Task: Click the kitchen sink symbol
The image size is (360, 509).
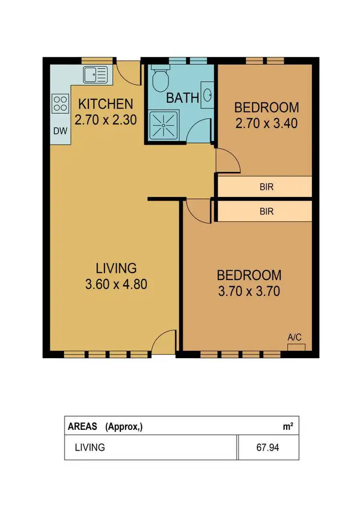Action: [x=96, y=74]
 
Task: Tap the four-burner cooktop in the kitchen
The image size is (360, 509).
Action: [x=60, y=103]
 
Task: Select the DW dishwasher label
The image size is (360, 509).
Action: [x=60, y=131]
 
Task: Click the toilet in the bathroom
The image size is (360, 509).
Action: [x=159, y=78]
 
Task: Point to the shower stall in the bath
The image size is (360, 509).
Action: [x=163, y=126]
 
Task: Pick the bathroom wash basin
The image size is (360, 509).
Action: [x=208, y=95]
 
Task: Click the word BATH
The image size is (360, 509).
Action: [x=182, y=98]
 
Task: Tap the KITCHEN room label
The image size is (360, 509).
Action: [x=106, y=104]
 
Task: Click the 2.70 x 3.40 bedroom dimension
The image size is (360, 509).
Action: [x=266, y=123]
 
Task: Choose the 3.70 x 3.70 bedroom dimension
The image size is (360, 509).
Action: [x=249, y=291]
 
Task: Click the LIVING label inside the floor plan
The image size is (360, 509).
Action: [x=116, y=267]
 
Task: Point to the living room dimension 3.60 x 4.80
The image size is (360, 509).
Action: [x=116, y=284]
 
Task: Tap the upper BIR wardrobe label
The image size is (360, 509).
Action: [x=266, y=187]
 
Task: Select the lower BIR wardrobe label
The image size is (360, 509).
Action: [x=266, y=211]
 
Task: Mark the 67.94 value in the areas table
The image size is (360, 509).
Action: [x=268, y=448]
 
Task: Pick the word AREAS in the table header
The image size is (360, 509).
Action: [x=83, y=426]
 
